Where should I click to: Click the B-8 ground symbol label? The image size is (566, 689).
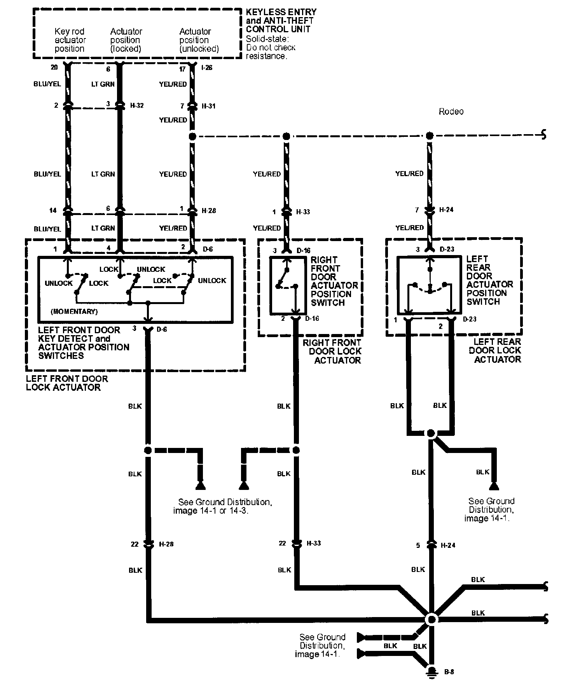449,672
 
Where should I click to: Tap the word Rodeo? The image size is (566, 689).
451,112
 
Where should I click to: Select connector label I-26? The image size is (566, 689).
207,68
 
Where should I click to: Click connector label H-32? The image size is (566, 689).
137,105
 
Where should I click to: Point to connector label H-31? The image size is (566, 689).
208,106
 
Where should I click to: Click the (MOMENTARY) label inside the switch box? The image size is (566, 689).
74,311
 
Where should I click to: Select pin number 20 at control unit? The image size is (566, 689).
54,68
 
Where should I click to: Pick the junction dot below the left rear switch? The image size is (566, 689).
430,433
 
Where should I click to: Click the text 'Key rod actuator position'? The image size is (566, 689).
70,40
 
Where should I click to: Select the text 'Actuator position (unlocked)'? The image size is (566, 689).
199,40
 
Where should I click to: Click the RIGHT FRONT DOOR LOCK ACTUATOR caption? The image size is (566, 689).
332,351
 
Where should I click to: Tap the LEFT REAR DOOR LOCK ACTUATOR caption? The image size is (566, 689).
495,350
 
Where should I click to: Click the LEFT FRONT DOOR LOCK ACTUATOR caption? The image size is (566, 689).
66,383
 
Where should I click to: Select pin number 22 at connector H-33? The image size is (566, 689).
283,543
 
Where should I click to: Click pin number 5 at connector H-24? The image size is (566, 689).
418,546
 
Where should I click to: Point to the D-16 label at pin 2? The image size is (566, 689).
313,319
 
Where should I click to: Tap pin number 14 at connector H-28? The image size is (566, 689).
53,210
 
